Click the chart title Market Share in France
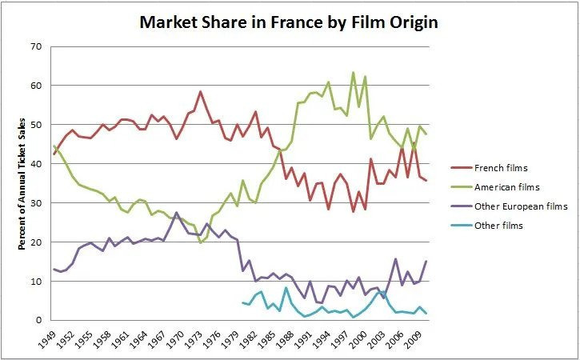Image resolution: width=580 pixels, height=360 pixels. [289, 22]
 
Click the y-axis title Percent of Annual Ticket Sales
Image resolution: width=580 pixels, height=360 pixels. [24, 183]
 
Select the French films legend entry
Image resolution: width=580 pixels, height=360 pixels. [513, 168]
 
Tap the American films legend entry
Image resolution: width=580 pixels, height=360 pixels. [518, 187]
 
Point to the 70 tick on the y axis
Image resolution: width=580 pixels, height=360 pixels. [35, 46]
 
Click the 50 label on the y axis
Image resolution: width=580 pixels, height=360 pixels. [35, 125]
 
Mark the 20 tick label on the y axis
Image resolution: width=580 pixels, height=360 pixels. [35, 242]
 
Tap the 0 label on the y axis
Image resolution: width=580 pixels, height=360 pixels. [38, 321]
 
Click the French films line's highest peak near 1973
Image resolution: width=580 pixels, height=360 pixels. [200, 91]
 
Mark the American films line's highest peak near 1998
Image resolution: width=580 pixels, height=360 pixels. [353, 73]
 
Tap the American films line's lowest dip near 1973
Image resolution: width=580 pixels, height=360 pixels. [201, 242]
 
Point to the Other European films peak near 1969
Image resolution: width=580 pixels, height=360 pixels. [176, 213]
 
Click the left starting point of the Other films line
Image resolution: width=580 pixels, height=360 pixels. [242, 302]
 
